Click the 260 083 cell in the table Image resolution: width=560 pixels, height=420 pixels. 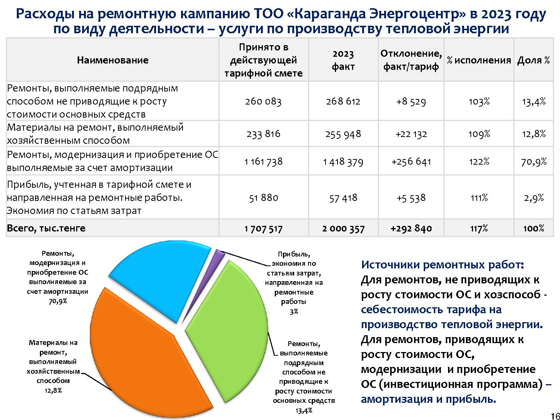point(263,102)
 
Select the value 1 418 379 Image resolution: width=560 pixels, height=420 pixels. point(343,162)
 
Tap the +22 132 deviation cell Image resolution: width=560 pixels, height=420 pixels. point(411,134)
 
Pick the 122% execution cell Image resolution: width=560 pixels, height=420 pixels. point(479,162)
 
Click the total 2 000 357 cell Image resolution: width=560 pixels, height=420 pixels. point(343,228)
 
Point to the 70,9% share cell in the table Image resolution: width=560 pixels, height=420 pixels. point(534,162)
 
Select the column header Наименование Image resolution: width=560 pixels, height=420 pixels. point(112,60)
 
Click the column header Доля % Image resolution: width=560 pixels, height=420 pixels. point(533,60)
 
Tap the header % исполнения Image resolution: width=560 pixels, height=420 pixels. point(479,60)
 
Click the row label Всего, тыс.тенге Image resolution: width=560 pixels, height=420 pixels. point(46,228)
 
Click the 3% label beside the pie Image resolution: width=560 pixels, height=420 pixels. point(294,311)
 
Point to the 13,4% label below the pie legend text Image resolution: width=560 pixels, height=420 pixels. point(304,410)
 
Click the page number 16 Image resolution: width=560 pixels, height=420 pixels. point(555,416)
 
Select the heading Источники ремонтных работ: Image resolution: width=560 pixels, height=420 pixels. point(443,265)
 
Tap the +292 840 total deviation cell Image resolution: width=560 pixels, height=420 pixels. point(411,228)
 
